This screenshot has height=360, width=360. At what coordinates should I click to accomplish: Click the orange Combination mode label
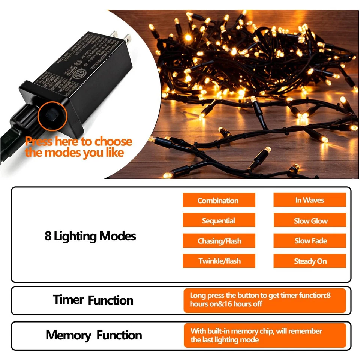tap(219, 200)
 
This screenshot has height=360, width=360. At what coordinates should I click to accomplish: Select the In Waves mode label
tap(309, 200)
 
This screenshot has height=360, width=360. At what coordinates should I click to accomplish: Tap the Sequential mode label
tap(219, 220)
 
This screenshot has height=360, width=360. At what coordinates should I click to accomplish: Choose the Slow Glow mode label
tap(309, 220)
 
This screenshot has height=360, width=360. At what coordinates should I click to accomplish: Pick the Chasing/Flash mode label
tap(219, 241)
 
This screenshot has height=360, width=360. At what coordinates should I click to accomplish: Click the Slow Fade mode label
tap(309, 241)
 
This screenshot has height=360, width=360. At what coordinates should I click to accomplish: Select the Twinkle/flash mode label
tap(219, 261)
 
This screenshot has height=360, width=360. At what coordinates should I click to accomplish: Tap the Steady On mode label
tap(309, 261)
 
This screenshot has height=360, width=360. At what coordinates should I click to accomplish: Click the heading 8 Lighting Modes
tap(90, 236)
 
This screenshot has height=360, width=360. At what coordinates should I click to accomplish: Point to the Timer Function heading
tap(93, 300)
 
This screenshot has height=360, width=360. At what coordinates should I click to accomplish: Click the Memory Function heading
tap(94, 335)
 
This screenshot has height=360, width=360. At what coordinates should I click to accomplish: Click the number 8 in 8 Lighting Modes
tap(48, 236)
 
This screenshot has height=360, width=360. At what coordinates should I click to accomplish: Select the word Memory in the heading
tap(69, 335)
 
